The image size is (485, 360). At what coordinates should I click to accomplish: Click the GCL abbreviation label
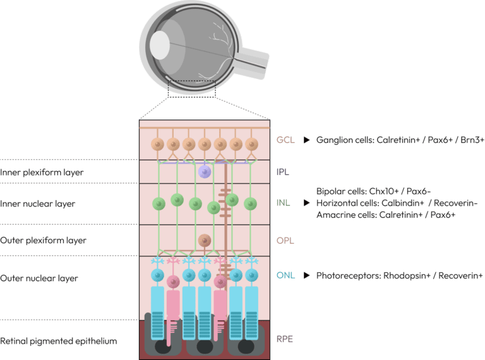click(x=285, y=140)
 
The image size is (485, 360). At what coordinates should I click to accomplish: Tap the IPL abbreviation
click(x=284, y=171)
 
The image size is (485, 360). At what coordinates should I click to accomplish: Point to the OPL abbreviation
click(x=285, y=241)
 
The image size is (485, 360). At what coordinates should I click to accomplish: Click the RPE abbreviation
click(x=285, y=339)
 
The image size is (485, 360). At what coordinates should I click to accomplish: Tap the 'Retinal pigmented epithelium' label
click(x=59, y=341)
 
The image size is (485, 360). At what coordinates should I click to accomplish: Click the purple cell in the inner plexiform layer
click(x=204, y=171)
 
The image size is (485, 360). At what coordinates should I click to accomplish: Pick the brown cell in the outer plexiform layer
click(x=204, y=240)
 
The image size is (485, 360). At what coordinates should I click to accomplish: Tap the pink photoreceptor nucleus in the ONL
click(x=220, y=282)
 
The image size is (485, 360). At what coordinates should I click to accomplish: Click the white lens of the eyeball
click(x=159, y=44)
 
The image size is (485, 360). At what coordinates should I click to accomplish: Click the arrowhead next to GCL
click(x=307, y=140)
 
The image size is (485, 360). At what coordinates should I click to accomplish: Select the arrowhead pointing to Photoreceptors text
click(x=307, y=275)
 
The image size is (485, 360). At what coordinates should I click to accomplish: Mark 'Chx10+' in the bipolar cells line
click(x=373, y=191)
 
